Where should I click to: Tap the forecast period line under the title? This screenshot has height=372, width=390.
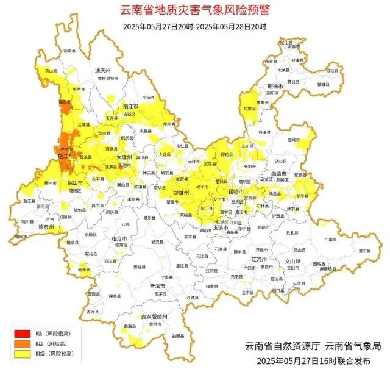click(x=194, y=26)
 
